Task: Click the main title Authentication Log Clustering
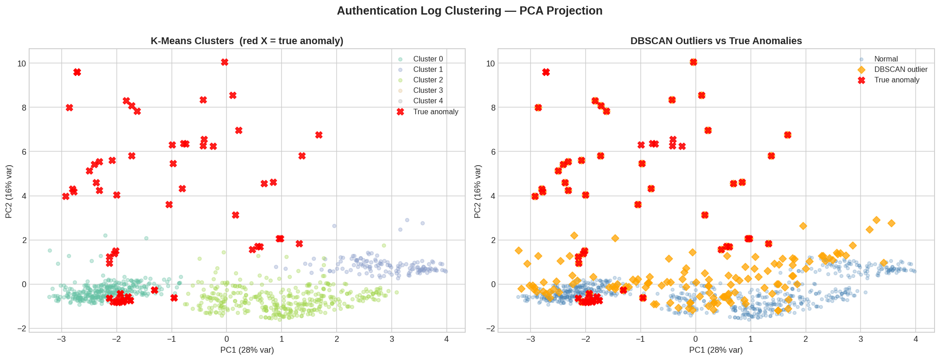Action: click(469, 11)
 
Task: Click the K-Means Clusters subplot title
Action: click(247, 41)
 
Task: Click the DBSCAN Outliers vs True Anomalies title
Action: click(716, 41)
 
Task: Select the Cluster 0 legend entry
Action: click(427, 59)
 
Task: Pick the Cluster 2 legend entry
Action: click(427, 80)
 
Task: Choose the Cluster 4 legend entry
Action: click(427, 101)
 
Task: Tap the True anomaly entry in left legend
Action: click(435, 112)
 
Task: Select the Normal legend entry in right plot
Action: click(885, 59)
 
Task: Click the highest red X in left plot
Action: click(224, 62)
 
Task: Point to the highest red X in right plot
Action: click(693, 62)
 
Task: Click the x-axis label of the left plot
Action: click(247, 350)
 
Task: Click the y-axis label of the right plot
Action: click(478, 191)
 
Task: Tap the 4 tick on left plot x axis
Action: click(447, 339)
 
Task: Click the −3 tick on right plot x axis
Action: click(530, 339)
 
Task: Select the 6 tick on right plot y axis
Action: click(489, 152)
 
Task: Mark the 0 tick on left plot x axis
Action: click(227, 339)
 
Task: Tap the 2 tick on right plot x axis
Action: click(805, 339)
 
